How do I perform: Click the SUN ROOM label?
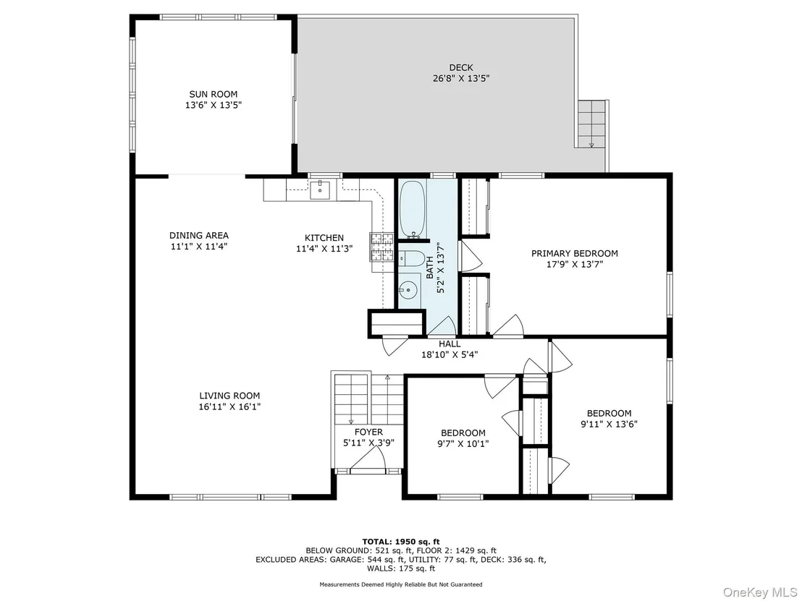point(214,94)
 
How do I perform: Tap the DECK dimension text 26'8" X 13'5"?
point(461,79)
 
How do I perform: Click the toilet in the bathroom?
point(412,259)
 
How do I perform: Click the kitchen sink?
point(321,189)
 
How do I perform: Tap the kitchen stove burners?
point(381,247)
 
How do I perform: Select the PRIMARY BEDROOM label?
point(575,253)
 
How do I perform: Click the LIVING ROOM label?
point(229,396)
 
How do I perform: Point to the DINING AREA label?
point(199,236)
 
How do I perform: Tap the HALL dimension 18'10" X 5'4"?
point(449,354)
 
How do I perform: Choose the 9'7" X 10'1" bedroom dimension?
point(463,443)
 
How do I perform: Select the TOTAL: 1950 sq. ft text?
point(401,542)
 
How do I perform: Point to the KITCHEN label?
point(324,238)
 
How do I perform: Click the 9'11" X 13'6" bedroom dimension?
point(609,425)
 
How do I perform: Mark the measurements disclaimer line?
point(401,584)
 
